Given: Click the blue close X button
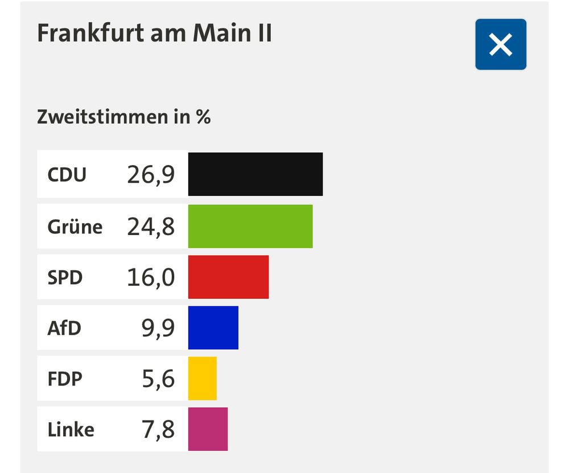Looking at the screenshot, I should click(501, 44).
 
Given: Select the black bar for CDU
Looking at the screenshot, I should click(255, 174).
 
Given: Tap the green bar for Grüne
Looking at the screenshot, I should click(250, 226).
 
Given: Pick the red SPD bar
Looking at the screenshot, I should click(228, 277).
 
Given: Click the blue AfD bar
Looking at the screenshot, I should click(213, 327).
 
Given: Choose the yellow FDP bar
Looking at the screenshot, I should click(203, 379).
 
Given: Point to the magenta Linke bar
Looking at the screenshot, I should click(208, 429).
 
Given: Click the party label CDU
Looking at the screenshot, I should click(67, 175).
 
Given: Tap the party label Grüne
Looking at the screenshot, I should click(75, 227).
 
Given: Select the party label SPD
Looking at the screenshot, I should click(65, 278).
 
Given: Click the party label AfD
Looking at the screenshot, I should click(64, 328).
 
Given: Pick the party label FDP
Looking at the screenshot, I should click(65, 379).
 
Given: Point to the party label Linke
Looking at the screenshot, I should click(71, 430).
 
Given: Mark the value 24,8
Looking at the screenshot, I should click(151, 227).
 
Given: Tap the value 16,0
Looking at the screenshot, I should click(151, 278).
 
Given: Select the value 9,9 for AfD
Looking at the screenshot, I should click(158, 328).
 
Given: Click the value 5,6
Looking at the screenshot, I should click(158, 379).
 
